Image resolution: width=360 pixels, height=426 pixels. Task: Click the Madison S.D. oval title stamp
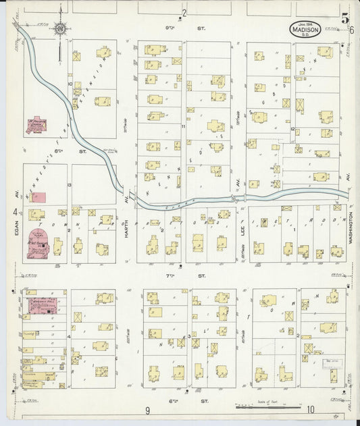tap(305, 29)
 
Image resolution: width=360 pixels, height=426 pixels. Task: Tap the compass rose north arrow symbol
tap(60, 29)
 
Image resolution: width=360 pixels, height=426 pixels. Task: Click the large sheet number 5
tap(345, 19)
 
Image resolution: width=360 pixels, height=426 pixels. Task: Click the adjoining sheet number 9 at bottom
tap(147, 410)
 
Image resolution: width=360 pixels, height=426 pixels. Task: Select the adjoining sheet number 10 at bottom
tap(309, 409)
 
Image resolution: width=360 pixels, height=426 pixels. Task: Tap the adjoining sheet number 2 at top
tap(183, 12)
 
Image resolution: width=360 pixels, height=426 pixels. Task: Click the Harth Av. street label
tap(127, 203)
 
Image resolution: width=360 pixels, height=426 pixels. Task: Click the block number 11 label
tap(183, 126)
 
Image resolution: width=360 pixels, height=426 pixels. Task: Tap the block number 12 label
tap(292, 128)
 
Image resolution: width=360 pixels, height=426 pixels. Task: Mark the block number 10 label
tap(70, 84)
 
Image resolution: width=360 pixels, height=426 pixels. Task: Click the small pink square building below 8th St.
tap(40, 197)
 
